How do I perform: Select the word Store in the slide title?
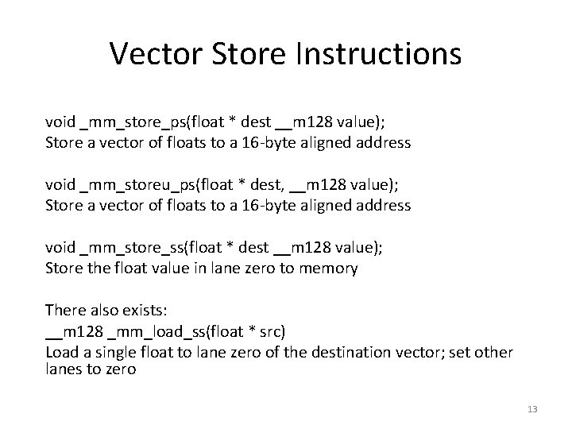(247, 54)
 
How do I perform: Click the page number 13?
(531, 409)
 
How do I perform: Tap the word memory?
(327, 268)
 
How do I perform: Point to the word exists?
(138, 310)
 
